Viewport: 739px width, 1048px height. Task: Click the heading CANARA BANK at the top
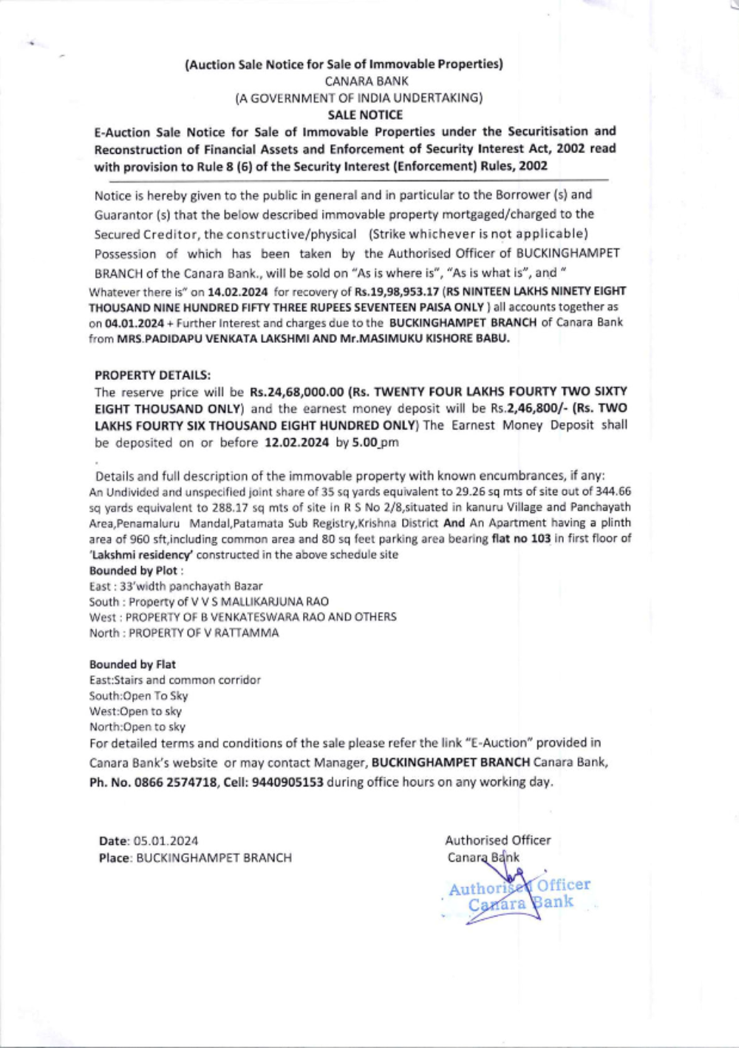367,81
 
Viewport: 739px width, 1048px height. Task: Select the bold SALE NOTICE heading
365,115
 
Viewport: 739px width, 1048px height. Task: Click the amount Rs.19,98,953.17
397,291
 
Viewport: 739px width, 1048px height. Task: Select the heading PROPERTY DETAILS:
153,375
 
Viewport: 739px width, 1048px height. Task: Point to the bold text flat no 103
521,539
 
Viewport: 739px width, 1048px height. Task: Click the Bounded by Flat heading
133,664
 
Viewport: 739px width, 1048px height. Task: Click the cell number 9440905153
287,782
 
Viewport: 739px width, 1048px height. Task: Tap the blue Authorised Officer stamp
520,894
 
